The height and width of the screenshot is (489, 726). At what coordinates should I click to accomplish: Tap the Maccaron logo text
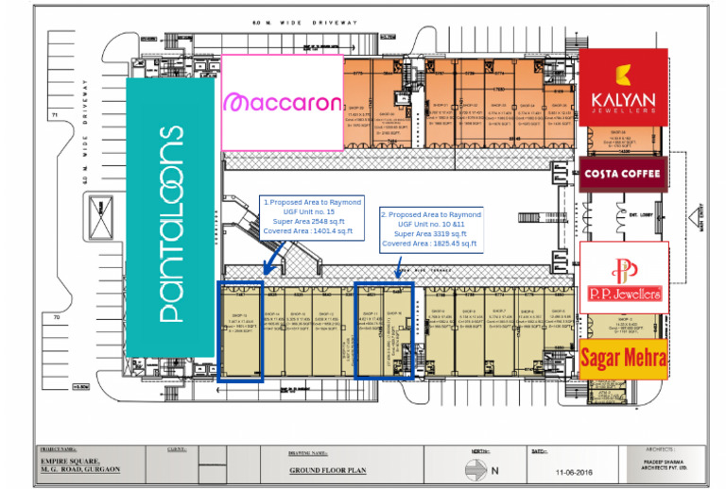point(282,102)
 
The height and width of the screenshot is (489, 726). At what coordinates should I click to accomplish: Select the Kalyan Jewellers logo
point(623,88)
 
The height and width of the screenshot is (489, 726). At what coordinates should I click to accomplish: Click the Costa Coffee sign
point(623,174)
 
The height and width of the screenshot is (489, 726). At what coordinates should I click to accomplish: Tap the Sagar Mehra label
point(623,358)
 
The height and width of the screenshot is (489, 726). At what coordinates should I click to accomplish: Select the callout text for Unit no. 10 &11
point(431,228)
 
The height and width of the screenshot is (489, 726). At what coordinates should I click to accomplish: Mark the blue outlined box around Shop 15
point(240,330)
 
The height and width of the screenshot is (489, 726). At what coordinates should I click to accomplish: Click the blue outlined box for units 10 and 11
point(384,329)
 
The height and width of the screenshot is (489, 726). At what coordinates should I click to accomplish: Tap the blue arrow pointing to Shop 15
point(274,252)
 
